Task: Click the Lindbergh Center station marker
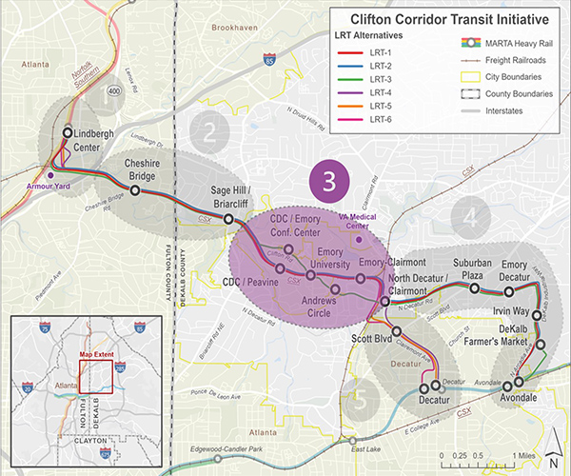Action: [69, 133]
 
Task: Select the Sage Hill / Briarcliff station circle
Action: [228, 220]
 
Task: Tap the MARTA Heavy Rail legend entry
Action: [495, 44]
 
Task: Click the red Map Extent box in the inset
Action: [96, 377]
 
